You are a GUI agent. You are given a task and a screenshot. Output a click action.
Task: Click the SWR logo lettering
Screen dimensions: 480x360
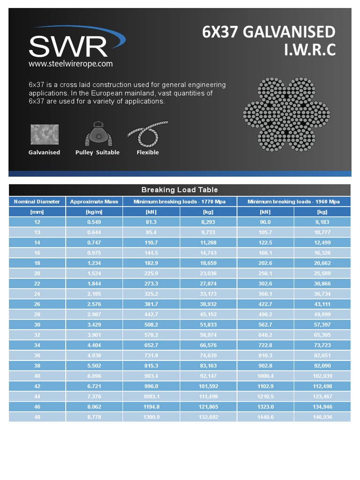coord(68,46)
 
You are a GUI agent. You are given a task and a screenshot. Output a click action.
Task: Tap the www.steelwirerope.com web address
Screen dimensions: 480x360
coord(70,64)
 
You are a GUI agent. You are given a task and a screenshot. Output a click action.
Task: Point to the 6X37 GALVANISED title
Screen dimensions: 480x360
coord(269,32)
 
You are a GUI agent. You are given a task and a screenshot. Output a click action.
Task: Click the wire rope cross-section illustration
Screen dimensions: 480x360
coord(286,114)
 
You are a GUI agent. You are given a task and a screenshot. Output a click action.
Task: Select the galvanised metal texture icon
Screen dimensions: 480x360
coord(45,135)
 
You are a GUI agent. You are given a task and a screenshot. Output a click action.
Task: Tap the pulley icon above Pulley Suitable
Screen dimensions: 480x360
coord(97,134)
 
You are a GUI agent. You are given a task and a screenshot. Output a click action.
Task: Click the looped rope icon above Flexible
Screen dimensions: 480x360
coord(148,135)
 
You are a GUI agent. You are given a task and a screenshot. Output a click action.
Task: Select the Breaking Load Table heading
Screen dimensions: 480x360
coord(180,190)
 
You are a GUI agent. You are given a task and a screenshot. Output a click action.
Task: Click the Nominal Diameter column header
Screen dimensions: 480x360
coord(37,202)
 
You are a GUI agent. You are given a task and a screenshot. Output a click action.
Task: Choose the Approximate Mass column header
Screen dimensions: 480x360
coord(94,202)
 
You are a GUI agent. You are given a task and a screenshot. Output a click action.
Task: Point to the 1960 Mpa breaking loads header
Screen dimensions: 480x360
coord(293,202)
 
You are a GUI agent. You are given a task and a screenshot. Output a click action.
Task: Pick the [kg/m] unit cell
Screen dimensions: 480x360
coord(94,212)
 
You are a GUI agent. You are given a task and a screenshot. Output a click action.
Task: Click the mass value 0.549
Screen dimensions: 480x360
coord(94,222)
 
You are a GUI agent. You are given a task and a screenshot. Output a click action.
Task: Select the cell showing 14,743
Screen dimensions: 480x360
coord(208,253)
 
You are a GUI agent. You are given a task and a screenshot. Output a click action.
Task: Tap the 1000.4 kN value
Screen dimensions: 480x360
coord(265,376)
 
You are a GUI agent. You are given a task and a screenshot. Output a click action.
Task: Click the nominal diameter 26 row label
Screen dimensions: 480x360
coord(37,304)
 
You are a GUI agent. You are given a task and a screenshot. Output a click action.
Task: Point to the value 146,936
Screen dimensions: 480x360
coord(322,417)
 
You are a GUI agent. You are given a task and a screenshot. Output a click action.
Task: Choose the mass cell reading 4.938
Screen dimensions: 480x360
coord(94,356)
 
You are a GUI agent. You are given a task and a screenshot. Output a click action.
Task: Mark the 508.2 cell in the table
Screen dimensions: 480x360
coord(151,325)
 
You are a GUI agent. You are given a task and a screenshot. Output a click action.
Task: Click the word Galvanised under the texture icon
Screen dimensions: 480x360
coord(44,152)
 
